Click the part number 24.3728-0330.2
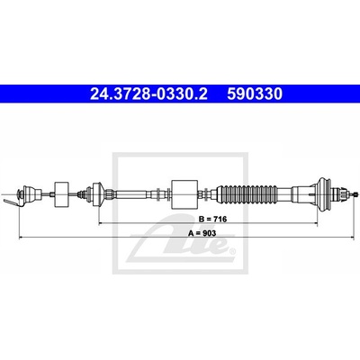pyautogui.click(x=148, y=94)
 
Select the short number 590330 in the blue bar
pyautogui.click(x=255, y=94)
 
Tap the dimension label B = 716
pyautogui.click(x=213, y=219)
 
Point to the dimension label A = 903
pyautogui.click(x=202, y=233)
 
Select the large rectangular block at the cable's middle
pyautogui.click(x=184, y=194)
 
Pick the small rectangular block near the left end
pyautogui.click(x=61, y=194)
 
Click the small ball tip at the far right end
pyautogui.click(x=356, y=194)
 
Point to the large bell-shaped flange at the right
pyautogui.click(x=324, y=194)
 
